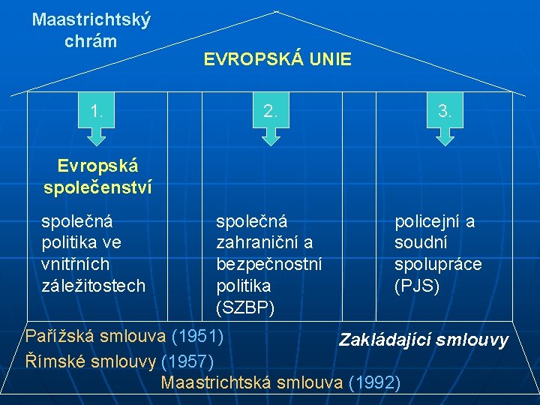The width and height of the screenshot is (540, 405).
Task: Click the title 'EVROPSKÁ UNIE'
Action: tap(277, 60)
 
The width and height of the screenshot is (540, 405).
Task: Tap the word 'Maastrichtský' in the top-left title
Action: tap(91, 19)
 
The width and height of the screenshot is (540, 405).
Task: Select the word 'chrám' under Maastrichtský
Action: tap(91, 40)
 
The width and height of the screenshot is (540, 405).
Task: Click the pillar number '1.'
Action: tap(97, 112)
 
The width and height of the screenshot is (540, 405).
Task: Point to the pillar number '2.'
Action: tap(271, 112)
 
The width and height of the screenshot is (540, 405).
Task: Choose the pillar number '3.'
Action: tap(445, 112)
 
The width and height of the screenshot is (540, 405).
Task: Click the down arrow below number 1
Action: tap(97, 135)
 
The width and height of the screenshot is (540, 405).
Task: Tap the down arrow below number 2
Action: tap(271, 135)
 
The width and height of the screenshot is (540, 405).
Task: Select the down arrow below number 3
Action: tap(445, 135)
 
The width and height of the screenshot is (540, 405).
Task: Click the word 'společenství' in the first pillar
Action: tap(97, 187)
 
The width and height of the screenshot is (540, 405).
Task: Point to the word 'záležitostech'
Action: tap(93, 286)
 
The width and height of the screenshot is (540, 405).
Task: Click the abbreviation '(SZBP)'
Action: tap(245, 307)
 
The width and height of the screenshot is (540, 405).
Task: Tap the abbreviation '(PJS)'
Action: tap(417, 286)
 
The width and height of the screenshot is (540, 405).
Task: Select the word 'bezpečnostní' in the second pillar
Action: tap(268, 265)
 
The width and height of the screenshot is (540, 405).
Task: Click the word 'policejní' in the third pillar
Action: tap(425, 221)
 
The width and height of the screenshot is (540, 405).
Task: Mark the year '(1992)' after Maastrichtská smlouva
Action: tap(374, 382)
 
